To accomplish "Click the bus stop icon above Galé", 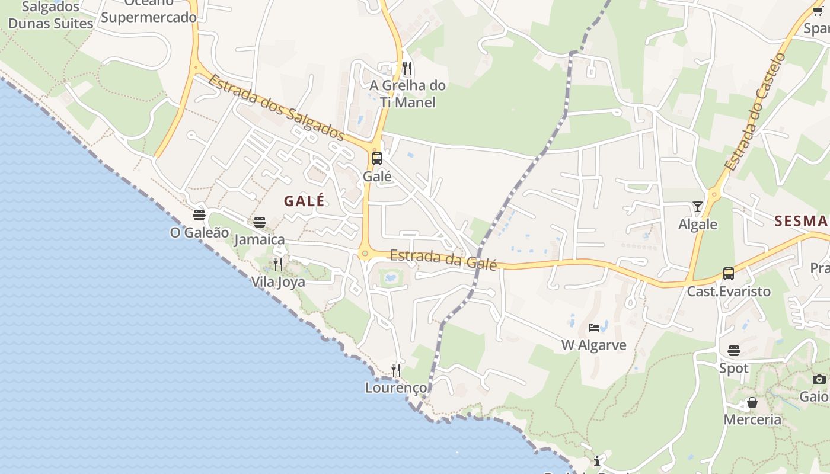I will (x=376, y=159).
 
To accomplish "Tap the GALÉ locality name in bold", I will (x=304, y=201).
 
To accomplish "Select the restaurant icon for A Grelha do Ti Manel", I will (x=407, y=68).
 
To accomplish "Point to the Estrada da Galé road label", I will (x=443, y=259).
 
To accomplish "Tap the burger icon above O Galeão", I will (x=199, y=215).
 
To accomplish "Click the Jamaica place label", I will (x=259, y=239).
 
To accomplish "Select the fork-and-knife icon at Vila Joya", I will (x=277, y=264).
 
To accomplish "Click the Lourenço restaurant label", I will (x=395, y=387).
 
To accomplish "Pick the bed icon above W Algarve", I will (x=594, y=327).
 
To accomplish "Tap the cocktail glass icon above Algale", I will (x=698, y=207).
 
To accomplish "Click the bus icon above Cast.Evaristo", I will (x=728, y=274).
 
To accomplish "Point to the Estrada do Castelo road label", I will (x=755, y=113).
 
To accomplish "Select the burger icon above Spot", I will (x=734, y=351).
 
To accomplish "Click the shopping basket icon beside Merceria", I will (x=752, y=403).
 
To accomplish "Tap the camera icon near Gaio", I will (x=819, y=379).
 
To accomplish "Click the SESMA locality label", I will (x=801, y=221).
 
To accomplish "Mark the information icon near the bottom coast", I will (x=597, y=461).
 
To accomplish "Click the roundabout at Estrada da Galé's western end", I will (x=364, y=254).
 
